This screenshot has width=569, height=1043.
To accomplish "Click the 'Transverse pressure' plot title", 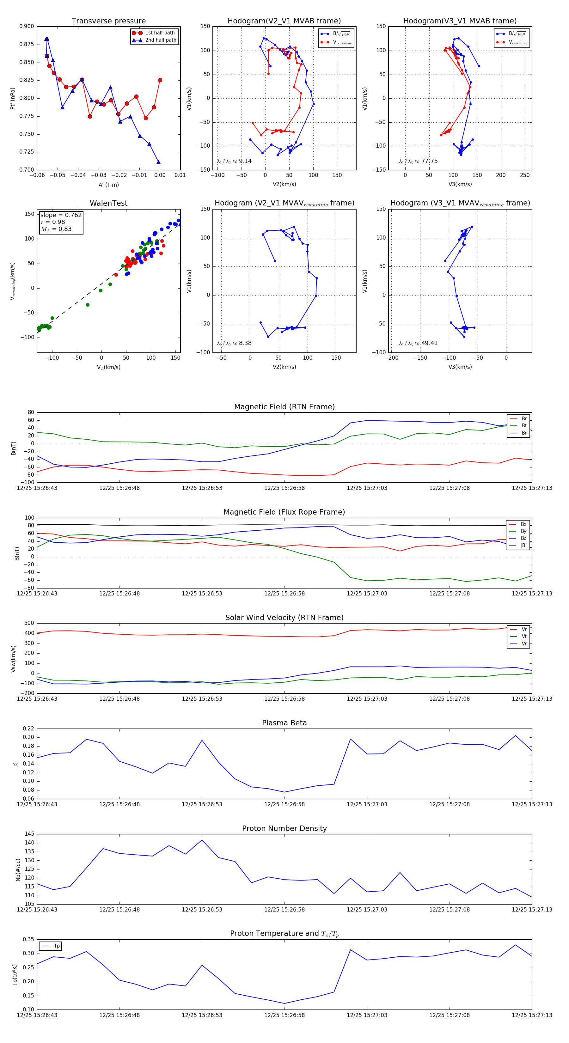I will click(108, 21).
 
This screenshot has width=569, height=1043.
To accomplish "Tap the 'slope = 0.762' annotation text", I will click(61, 215).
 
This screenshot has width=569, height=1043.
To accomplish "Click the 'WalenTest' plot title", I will click(108, 203).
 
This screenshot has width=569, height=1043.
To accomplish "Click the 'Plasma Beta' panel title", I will click(284, 723).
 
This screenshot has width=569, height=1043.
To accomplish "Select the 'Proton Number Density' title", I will click(284, 828).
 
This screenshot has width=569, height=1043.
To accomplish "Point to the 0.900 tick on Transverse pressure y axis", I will click(27, 26).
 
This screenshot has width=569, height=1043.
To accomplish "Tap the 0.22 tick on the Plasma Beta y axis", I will click(28, 729).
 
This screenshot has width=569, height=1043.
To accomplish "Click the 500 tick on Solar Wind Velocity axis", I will click(28, 623).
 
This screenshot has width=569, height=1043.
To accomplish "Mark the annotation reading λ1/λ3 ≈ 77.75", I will click(418, 161).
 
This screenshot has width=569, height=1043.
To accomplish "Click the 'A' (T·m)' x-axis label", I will click(108, 185).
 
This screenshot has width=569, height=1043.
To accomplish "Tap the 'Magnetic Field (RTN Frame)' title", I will click(284, 407).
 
